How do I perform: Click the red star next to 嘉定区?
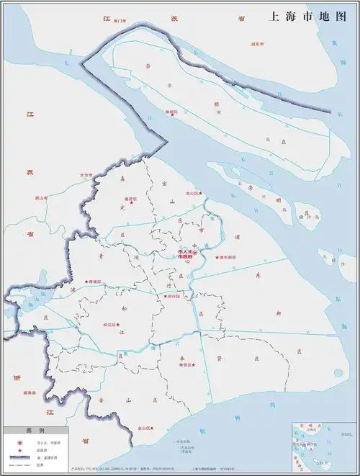click(x=132, y=204)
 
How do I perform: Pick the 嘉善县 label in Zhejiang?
click(x=29, y=392)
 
